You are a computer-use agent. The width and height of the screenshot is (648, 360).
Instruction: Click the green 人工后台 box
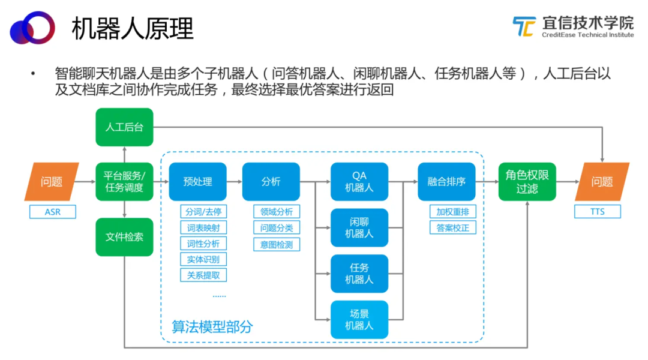pos(124,127)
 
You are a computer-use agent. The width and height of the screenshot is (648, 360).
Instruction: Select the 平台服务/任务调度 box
pos(124,181)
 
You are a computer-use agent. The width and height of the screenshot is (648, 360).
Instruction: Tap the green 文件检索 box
pos(124,237)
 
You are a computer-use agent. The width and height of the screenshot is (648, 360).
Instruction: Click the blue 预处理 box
pos(197,181)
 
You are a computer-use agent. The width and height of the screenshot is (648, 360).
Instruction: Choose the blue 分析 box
pos(271,181)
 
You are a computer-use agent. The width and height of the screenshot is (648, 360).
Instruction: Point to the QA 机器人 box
pos(359,181)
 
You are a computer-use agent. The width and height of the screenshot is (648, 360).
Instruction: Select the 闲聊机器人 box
pos(359,228)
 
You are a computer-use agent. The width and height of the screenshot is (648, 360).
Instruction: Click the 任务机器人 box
pos(359,274)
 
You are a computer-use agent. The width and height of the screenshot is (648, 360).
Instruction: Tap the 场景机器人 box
pos(359,319)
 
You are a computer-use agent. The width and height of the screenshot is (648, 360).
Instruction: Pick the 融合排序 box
pos(446,181)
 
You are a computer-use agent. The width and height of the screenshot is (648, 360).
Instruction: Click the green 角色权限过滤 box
pos(527,181)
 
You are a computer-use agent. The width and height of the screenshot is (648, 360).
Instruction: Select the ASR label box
pos(52,212)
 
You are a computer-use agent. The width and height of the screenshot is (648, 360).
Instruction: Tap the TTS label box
pos(597,212)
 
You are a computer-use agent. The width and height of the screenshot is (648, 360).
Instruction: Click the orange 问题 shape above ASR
pos(52,181)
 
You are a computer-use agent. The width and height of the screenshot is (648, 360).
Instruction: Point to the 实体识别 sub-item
pos(203,259)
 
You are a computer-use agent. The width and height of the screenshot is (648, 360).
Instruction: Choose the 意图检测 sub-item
pos(277,244)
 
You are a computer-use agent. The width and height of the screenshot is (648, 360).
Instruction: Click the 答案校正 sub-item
pos(453,227)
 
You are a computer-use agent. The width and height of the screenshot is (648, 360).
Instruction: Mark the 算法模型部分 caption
pos(212,326)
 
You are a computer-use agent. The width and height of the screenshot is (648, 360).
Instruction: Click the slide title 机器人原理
pos(132,29)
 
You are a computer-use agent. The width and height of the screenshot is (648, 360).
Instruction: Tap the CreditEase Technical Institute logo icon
pos(524,26)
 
